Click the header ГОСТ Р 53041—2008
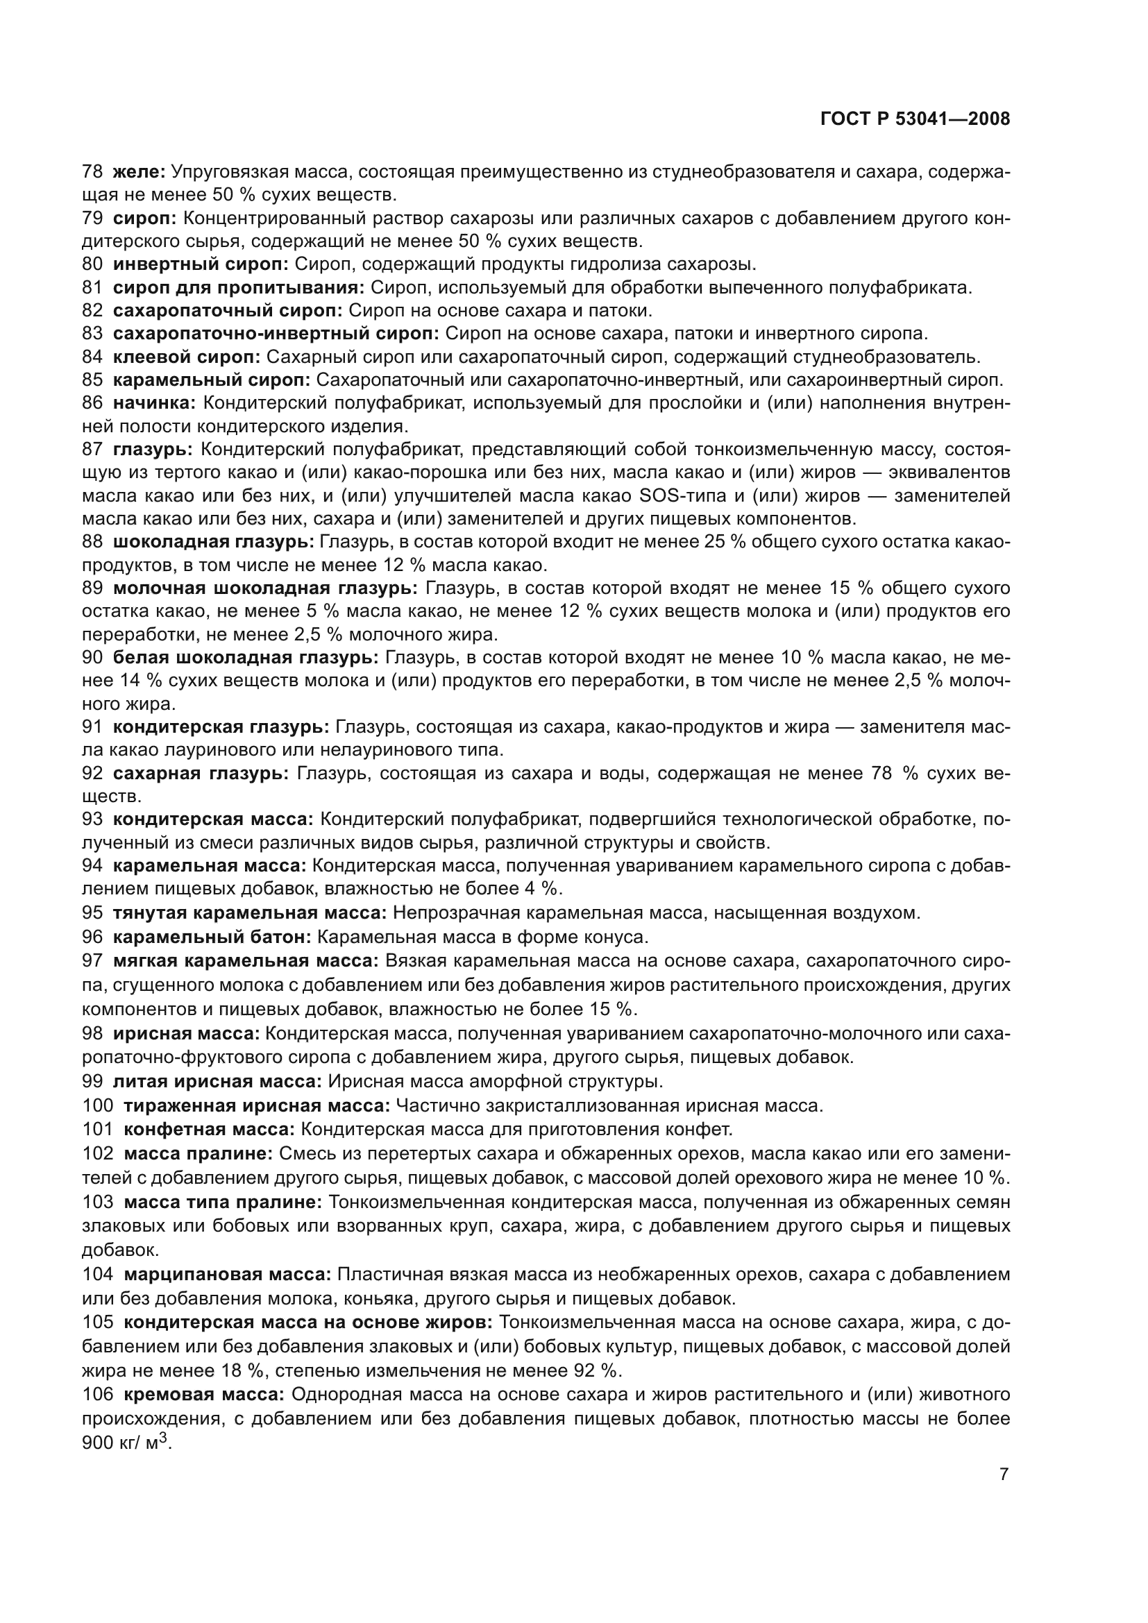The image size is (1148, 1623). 915,119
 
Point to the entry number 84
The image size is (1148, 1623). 92,357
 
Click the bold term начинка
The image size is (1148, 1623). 154,403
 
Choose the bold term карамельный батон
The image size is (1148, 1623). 212,937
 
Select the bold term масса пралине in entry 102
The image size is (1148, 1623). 198,1154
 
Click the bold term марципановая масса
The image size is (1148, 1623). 227,1275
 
